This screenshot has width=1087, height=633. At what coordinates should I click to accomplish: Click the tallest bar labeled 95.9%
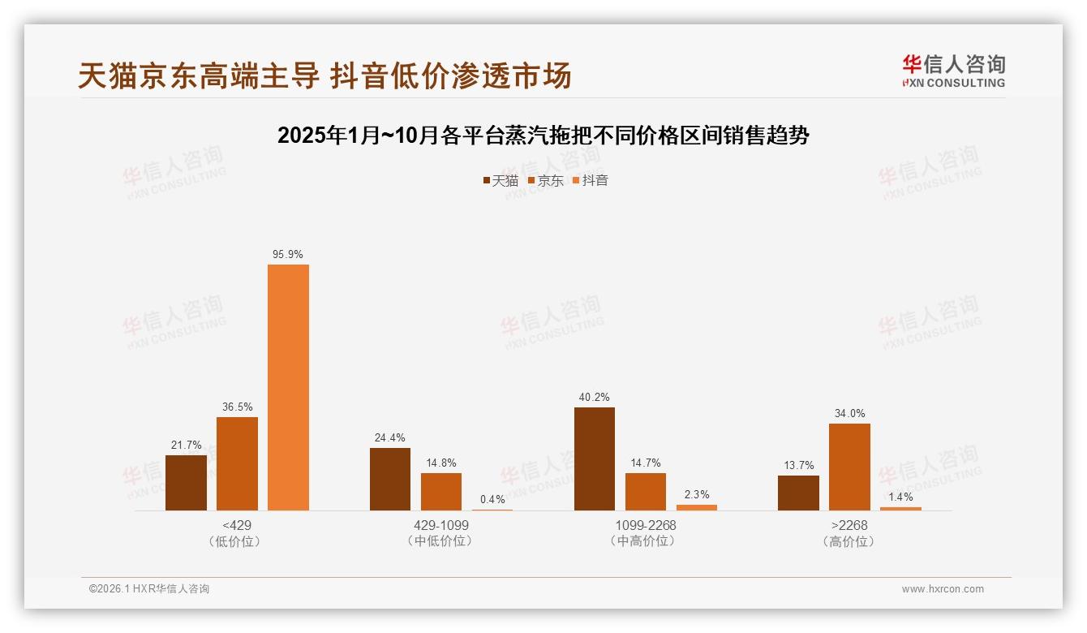pyautogui.click(x=288, y=387)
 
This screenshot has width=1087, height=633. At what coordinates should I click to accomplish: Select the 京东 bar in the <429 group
pyautogui.click(x=237, y=463)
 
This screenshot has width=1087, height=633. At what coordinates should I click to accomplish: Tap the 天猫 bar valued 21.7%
pyautogui.click(x=186, y=483)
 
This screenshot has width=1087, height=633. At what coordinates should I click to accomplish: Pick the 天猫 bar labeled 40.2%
pyautogui.click(x=595, y=459)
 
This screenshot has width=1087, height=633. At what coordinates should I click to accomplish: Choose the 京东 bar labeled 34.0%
pyautogui.click(x=849, y=467)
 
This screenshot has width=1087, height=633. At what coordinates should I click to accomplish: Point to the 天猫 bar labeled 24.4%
pyautogui.click(x=390, y=479)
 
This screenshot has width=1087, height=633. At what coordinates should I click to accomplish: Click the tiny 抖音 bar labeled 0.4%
pyautogui.click(x=492, y=510)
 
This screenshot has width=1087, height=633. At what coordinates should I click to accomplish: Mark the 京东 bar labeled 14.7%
pyautogui.click(x=646, y=492)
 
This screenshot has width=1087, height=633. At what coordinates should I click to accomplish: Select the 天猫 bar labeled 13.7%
pyautogui.click(x=798, y=493)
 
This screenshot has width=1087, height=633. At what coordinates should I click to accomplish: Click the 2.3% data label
pyautogui.click(x=697, y=494)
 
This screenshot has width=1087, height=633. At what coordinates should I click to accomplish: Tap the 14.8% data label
pyautogui.click(x=441, y=463)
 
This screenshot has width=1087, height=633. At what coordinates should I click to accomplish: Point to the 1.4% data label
pyautogui.click(x=900, y=497)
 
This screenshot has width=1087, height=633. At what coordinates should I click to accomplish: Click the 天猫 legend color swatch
pyautogui.click(x=487, y=181)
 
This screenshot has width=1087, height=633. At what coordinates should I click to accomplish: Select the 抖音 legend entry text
pyautogui.click(x=595, y=181)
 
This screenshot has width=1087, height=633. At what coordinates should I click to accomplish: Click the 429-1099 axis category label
pyautogui.click(x=441, y=525)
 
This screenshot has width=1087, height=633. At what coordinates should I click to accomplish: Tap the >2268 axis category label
pyautogui.click(x=849, y=525)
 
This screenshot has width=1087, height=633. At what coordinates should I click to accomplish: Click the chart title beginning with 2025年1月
pyautogui.click(x=543, y=136)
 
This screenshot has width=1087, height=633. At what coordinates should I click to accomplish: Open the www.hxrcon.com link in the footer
pyautogui.click(x=943, y=589)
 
